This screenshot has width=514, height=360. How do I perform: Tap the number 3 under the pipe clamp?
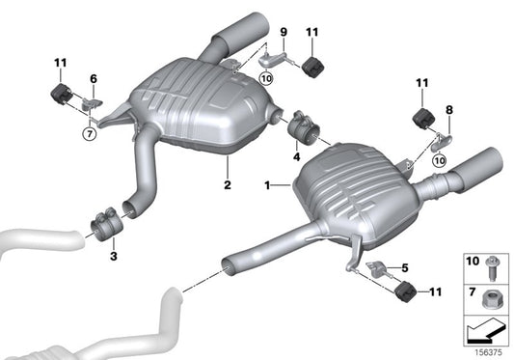pyautogui.click(x=113, y=256)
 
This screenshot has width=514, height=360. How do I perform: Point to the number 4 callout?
pyautogui.click(x=297, y=155)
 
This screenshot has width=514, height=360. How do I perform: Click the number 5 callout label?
pyautogui.click(x=405, y=267)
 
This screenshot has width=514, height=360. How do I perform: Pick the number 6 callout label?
pyautogui.click(x=94, y=79)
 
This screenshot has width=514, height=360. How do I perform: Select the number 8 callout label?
pyautogui.click(x=447, y=111)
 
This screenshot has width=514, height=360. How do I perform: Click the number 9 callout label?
pyautogui.click(x=284, y=33)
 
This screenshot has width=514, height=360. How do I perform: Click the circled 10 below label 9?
pyautogui.click(x=265, y=77)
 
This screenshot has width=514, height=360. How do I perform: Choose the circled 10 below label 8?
pyautogui.click(x=441, y=162)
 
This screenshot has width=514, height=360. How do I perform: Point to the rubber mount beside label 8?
pyautogui.click(x=421, y=119)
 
